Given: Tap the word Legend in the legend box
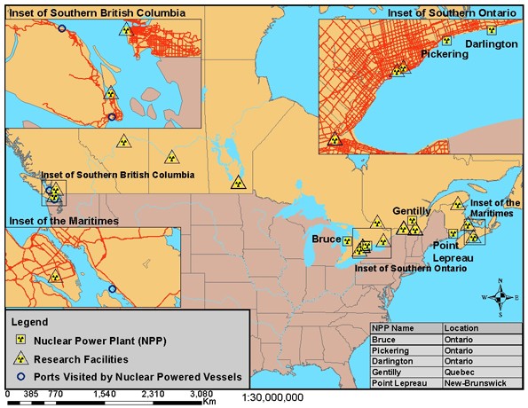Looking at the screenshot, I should pyautogui.click(x=30, y=321).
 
